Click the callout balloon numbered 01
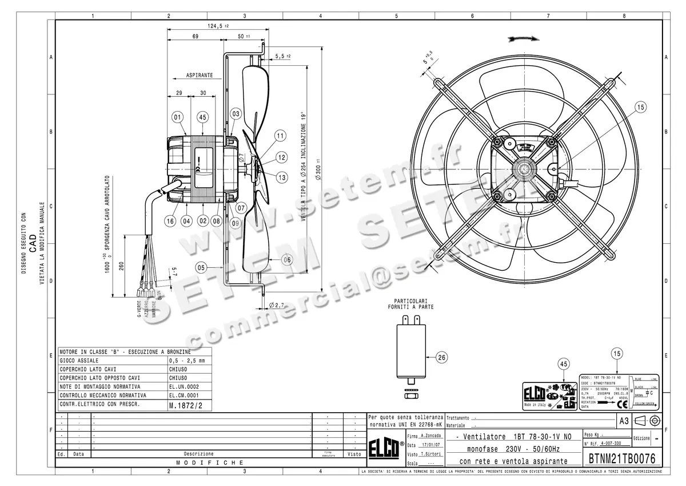tap(177, 117)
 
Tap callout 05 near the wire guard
tap(201, 267)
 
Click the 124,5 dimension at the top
tap(217, 25)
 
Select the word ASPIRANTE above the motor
tap(199, 75)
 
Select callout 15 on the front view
tap(640, 106)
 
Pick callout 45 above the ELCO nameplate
tap(563, 364)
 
